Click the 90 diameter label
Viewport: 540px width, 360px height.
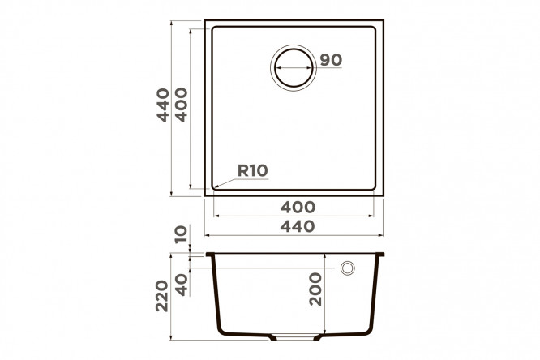pos(331,60)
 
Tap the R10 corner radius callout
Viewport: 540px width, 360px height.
pos(253,170)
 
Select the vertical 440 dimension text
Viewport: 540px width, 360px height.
pos(163,105)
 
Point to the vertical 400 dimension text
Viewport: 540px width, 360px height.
pos(182,105)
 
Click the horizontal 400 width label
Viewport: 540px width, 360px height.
pos(298,208)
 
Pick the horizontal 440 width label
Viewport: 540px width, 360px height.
pos(298,227)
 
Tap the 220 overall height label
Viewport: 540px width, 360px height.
pos(162,296)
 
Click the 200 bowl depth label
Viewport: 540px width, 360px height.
pos(315,289)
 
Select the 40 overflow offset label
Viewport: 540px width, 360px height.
pos(182,285)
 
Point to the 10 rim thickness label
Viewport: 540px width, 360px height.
pos(181,234)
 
